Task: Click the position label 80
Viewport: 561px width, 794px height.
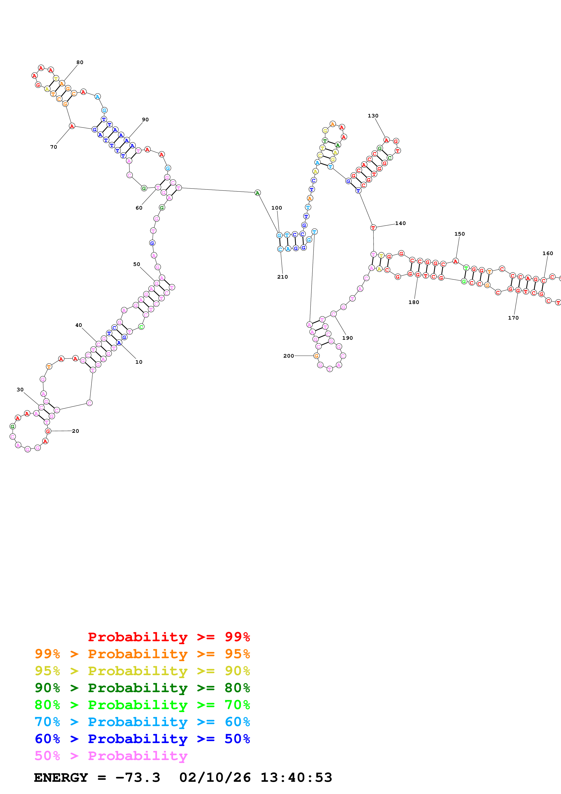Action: (80, 62)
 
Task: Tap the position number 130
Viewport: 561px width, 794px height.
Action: (373, 115)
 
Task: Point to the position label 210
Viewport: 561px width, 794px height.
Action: (282, 277)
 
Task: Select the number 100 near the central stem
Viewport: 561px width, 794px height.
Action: (277, 208)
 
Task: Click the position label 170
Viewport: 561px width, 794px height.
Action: (513, 318)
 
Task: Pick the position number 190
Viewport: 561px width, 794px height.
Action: (347, 338)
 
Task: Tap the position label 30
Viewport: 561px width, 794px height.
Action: (20, 389)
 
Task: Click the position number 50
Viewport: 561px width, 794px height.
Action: (136, 264)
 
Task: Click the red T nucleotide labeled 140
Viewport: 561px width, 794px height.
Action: (373, 227)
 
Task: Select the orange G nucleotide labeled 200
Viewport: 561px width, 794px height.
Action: (316, 356)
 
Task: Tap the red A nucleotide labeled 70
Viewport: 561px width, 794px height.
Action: (72, 126)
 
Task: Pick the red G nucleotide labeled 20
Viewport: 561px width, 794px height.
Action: (48, 431)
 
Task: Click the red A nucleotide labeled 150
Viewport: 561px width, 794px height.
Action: (456, 261)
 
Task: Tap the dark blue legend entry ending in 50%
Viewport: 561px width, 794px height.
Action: (142, 739)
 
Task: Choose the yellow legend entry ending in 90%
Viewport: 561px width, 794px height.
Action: (142, 671)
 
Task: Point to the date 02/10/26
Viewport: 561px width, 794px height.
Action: (215, 777)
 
